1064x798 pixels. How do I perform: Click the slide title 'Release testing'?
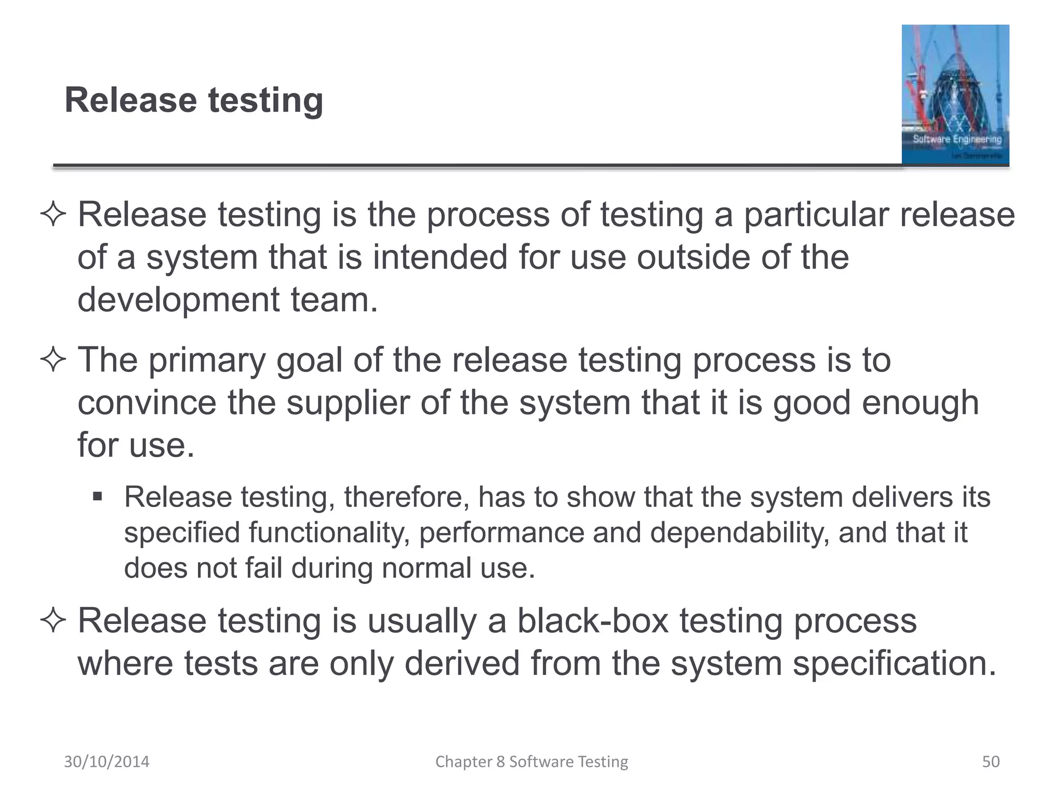pyautogui.click(x=193, y=100)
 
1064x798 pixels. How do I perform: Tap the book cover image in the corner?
pyautogui.click(x=955, y=95)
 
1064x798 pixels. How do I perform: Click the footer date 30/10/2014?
pyautogui.click(x=107, y=762)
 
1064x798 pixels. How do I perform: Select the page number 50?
pyautogui.click(x=990, y=762)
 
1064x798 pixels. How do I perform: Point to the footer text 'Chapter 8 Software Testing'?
pyautogui.click(x=531, y=762)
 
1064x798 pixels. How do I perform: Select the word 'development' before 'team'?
pyautogui.click(x=179, y=300)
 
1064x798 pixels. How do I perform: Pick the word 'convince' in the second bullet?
pyautogui.click(x=147, y=403)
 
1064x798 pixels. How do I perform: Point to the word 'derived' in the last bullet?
pyautogui.click(x=462, y=663)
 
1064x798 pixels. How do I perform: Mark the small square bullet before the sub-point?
pyautogui.click(x=97, y=497)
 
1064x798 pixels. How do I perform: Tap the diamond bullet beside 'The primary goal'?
pyautogui.click(x=53, y=361)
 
